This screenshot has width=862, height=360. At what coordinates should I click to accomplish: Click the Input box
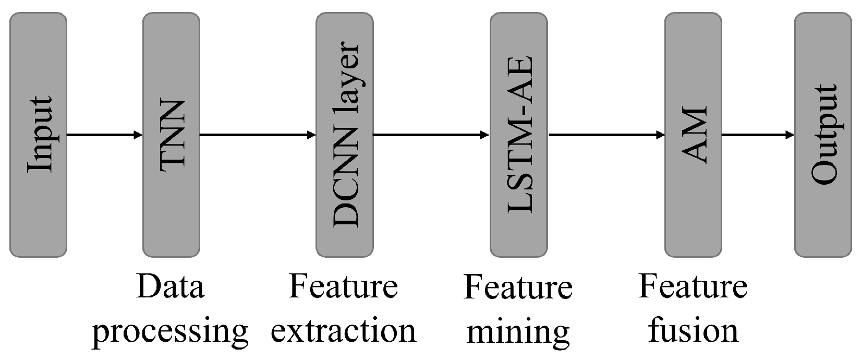coord(38,135)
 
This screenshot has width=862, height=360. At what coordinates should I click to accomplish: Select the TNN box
coord(171,135)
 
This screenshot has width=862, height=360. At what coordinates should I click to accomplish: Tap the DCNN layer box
coord(345,135)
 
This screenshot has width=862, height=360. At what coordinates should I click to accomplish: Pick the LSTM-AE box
coord(518,135)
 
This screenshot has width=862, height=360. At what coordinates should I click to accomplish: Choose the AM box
coord(693,135)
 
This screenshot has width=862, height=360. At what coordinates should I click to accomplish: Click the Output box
coord(822,135)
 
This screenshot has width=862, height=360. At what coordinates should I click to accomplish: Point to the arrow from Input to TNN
coord(104,135)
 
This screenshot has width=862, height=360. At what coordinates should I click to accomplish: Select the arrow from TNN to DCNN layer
coord(258,135)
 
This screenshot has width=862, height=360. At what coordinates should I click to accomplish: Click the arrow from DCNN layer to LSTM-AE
coord(431,135)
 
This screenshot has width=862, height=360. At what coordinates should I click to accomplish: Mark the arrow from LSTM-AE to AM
coord(606,135)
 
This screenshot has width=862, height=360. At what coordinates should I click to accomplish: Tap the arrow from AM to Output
coord(758,135)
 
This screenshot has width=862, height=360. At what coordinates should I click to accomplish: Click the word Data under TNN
coord(170,287)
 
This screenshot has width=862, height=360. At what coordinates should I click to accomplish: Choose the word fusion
coord(693,330)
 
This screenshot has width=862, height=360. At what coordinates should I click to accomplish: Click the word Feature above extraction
coord(344,287)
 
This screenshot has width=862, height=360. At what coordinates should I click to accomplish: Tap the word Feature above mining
coord(517,287)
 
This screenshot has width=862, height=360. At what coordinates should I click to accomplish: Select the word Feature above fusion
coord(693,287)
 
